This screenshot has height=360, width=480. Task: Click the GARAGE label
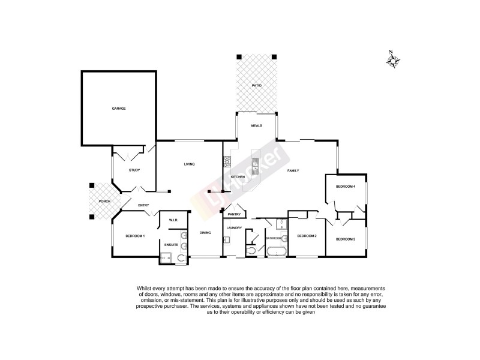118,109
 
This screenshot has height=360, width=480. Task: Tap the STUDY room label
134,170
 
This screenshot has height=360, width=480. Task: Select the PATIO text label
256,86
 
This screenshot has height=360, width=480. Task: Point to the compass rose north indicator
394,60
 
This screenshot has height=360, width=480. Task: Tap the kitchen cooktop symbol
227,162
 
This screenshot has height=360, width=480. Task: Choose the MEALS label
256,125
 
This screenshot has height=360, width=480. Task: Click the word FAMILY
293,171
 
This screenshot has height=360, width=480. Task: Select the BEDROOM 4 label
345,187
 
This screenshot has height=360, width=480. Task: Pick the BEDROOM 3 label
345,239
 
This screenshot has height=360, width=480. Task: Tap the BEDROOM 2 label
307,236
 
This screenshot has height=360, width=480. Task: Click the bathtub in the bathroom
277,251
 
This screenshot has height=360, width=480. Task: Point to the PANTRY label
234,214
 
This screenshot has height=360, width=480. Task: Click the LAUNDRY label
233,228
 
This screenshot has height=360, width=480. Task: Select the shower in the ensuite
166,259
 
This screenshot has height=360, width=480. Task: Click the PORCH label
104,201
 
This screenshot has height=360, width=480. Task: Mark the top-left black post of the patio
239,56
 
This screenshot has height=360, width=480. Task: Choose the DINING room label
205,233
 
